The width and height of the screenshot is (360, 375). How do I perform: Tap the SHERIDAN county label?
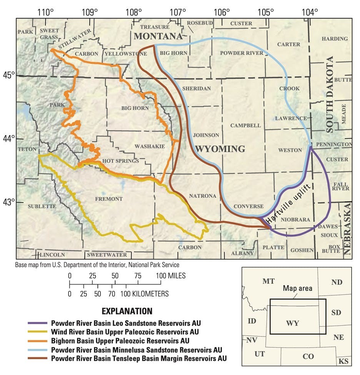pos(196,89)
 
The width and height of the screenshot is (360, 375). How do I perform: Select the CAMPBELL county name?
pos(245,126)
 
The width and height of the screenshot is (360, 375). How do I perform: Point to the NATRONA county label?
pos(202,196)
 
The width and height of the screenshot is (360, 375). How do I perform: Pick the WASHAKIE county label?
pos(150,146)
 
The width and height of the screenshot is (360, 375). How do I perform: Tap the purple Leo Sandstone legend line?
pos(37,323)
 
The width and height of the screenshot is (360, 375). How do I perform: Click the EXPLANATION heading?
pos(127,311)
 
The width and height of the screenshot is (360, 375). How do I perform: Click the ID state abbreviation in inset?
pos(252,321)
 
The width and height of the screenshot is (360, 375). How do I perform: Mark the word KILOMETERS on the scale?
pos(147,294)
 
